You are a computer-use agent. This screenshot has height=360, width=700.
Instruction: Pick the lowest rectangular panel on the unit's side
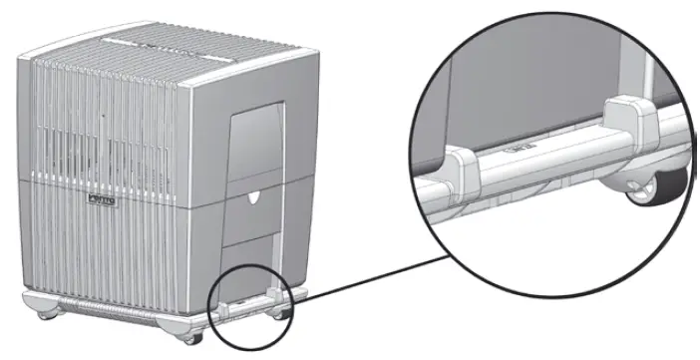coord(250,261)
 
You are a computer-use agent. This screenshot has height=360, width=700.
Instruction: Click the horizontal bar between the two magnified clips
coord(543,150)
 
